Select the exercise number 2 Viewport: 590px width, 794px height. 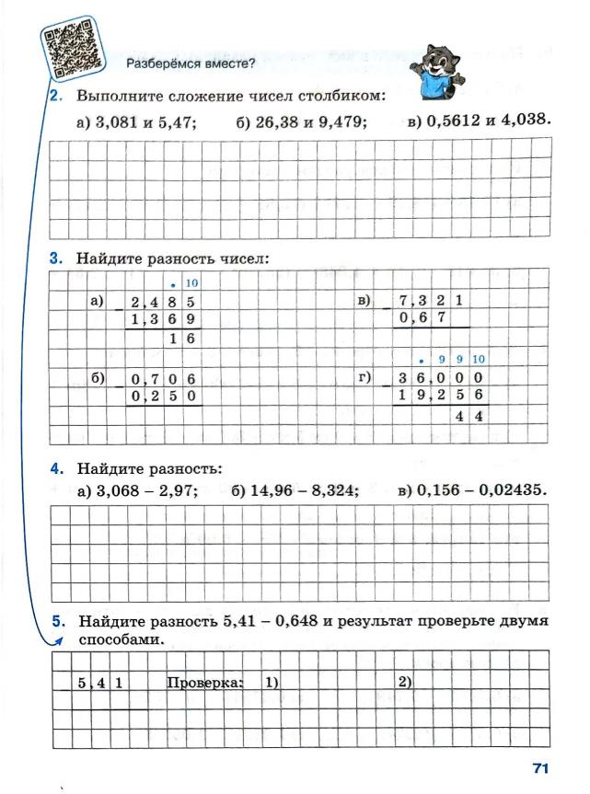click(x=55, y=96)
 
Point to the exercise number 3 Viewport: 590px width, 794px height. click(x=56, y=259)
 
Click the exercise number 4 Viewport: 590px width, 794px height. click(x=56, y=468)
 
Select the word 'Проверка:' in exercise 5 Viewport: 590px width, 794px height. click(x=204, y=682)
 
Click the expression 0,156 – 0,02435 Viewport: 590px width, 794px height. click(x=481, y=490)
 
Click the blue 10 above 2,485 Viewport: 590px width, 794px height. click(x=192, y=283)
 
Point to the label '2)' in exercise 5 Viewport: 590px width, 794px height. click(x=405, y=682)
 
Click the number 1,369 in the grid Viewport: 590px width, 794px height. click(x=166, y=319)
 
